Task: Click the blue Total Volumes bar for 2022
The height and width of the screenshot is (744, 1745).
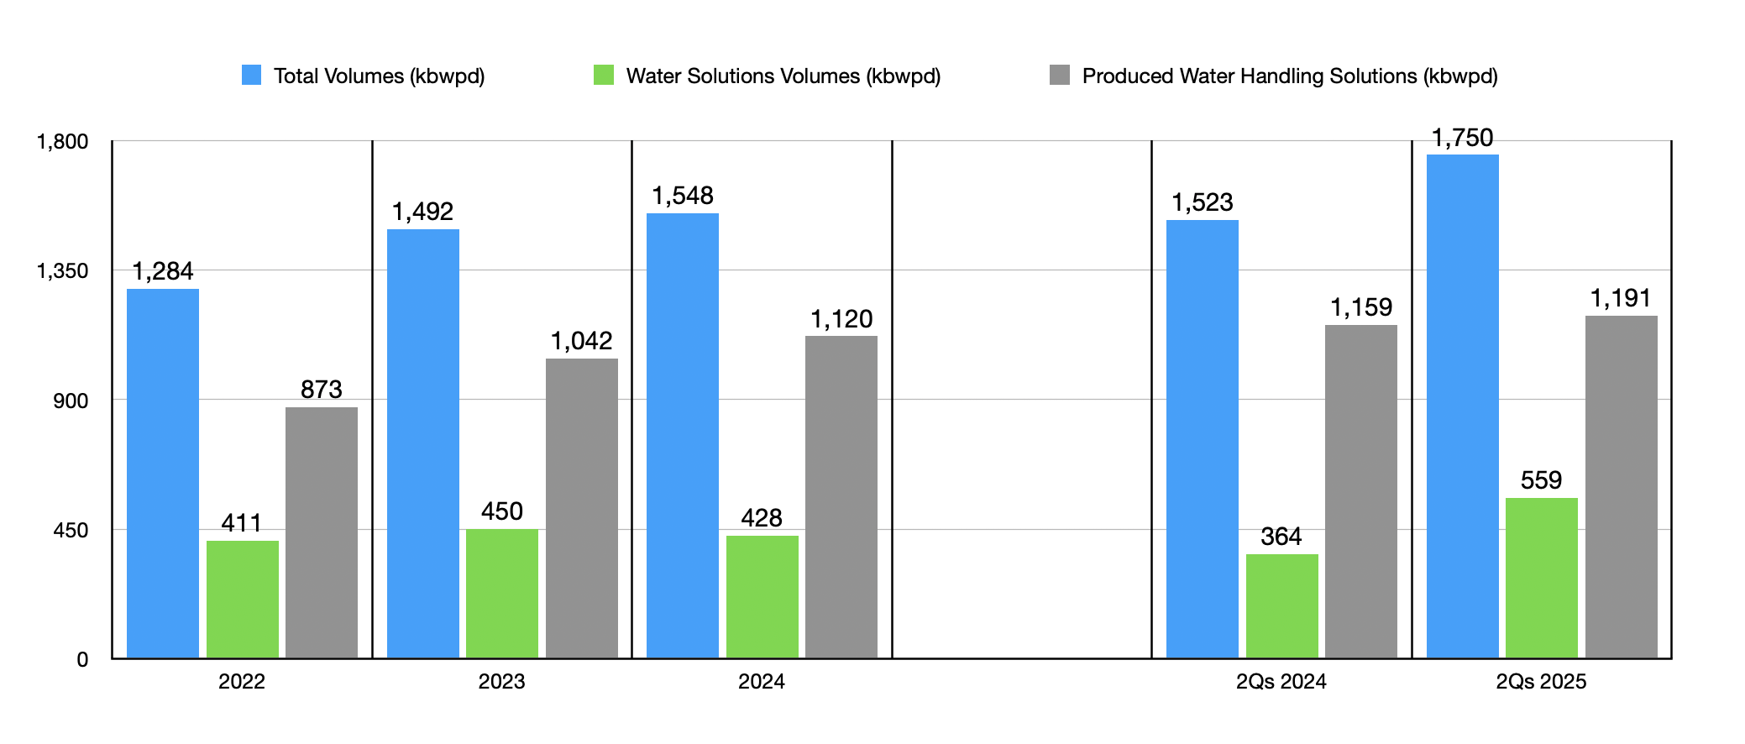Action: (x=163, y=473)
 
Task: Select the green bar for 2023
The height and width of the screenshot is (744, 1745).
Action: (x=502, y=593)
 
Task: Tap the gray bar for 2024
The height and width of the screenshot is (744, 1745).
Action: (x=841, y=496)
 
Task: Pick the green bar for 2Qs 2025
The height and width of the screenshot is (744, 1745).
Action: (x=1541, y=578)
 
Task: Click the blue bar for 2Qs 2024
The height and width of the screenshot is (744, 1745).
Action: (x=1202, y=438)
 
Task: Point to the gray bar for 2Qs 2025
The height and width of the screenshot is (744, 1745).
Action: (x=1621, y=486)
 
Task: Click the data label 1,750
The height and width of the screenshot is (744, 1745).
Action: (x=1462, y=139)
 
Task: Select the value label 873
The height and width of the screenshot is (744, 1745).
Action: (x=322, y=390)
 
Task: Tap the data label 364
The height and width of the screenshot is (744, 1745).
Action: (x=1281, y=537)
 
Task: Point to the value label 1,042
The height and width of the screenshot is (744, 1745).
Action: (x=581, y=341)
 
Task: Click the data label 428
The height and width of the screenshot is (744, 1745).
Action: (x=762, y=518)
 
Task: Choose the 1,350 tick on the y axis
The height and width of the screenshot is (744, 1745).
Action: (x=62, y=270)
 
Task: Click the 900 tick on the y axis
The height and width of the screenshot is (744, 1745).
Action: (x=71, y=401)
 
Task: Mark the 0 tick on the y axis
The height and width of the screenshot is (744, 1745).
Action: (x=82, y=660)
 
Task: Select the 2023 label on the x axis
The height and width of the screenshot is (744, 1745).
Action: (x=501, y=681)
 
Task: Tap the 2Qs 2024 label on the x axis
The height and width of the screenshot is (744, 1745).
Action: (x=1281, y=681)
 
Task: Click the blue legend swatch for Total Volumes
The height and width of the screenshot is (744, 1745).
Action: (x=251, y=76)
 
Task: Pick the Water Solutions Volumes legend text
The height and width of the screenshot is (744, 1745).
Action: (x=783, y=76)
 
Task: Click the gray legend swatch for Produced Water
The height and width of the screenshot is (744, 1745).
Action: (x=1060, y=76)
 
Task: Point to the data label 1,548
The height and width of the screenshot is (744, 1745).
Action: (x=683, y=196)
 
